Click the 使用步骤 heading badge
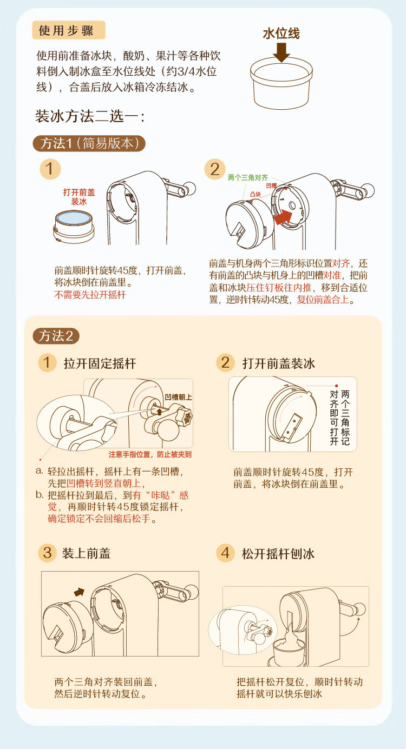(69, 30)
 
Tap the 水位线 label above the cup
(281, 34)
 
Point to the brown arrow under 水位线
(281, 51)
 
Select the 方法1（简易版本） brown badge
(89, 143)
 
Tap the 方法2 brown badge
(56, 336)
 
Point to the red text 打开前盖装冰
(79, 197)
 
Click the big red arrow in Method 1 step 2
(283, 217)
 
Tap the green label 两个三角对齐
(248, 177)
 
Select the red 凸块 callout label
(256, 194)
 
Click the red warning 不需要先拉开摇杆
(90, 295)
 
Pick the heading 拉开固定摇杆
(100, 363)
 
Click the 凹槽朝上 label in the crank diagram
(179, 397)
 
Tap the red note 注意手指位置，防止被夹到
(150, 454)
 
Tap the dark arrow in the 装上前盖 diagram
(80, 592)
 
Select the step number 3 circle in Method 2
(47, 553)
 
